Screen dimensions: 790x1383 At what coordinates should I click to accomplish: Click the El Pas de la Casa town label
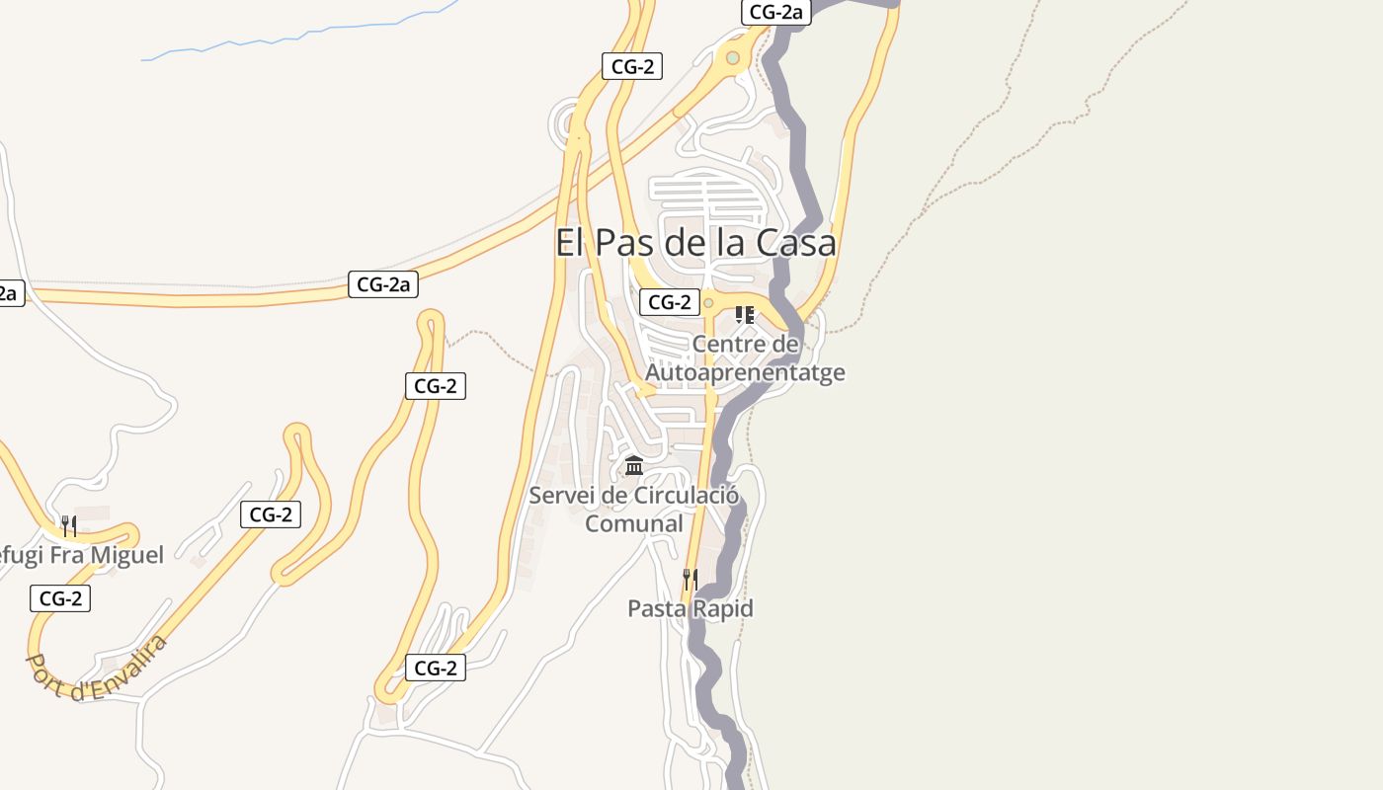695,243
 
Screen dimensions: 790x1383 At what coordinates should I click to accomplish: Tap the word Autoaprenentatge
745,373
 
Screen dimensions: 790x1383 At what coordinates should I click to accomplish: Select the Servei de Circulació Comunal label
634,496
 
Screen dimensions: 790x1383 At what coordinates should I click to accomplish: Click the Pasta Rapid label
691,608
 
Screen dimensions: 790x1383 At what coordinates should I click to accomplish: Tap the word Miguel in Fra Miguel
127,555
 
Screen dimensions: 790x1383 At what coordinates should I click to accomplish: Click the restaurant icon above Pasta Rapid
691,579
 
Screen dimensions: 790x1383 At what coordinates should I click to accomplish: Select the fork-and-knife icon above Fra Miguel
68,525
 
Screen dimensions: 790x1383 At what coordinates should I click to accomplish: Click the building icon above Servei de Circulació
634,465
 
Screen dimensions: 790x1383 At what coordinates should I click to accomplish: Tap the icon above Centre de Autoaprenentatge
745,315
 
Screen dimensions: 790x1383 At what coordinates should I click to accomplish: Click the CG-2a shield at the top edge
776,12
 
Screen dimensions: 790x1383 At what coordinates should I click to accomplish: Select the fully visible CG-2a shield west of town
383,284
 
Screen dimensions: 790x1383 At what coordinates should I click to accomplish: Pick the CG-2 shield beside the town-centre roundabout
669,302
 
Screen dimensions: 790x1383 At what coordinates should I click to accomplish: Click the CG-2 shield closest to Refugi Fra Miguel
60,598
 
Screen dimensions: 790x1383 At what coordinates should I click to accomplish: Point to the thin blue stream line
296,38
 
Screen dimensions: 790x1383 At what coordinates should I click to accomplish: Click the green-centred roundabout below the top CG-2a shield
732,58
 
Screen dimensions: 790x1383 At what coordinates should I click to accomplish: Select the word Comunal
634,523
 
